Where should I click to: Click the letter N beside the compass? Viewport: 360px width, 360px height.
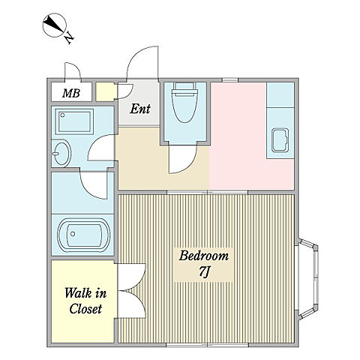click(x=69, y=38)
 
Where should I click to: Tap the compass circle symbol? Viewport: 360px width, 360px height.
click(x=55, y=25)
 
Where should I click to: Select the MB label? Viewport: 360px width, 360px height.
click(x=71, y=93)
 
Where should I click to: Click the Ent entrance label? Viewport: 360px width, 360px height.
click(x=140, y=109)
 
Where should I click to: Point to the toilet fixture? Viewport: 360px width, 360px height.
click(x=184, y=102)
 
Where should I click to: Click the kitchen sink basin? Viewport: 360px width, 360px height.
click(x=280, y=140)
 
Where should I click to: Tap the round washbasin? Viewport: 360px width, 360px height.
click(x=61, y=153)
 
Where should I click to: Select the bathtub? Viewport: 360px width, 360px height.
click(x=83, y=234)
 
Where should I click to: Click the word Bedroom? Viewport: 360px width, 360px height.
click(x=204, y=256)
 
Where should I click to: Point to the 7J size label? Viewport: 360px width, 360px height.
click(x=204, y=271)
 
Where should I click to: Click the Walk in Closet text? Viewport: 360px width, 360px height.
click(x=85, y=301)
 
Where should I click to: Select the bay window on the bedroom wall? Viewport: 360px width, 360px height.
click(x=307, y=279)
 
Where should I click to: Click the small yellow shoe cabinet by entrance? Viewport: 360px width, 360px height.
click(x=106, y=91)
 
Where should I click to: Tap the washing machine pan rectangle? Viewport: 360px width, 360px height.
click(x=76, y=121)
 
